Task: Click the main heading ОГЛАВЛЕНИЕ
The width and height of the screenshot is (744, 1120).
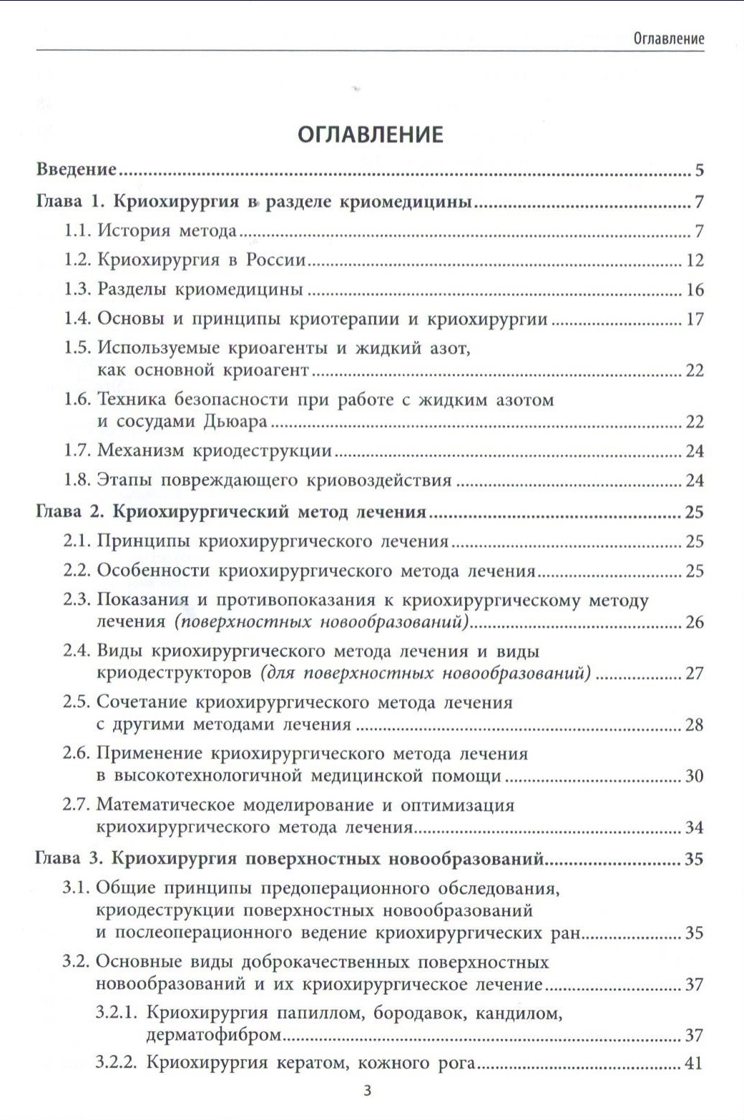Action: click(371, 134)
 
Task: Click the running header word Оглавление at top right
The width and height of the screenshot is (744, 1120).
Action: click(668, 39)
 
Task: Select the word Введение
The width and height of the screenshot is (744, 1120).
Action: click(77, 170)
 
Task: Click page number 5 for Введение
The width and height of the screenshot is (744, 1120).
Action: click(699, 170)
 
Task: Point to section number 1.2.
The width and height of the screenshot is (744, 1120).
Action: click(78, 260)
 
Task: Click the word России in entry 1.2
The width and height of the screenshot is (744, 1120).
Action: click(276, 260)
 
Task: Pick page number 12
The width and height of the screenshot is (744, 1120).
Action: click(695, 260)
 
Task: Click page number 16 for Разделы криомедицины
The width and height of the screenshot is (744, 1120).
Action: click(695, 290)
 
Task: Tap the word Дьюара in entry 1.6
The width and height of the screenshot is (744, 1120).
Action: click(235, 421)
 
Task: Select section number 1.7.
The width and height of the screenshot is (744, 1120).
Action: click(78, 451)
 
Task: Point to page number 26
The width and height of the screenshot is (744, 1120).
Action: click(695, 622)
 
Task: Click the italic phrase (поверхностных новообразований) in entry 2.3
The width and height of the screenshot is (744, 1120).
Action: click(321, 622)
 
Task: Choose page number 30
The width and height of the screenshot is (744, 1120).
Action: click(695, 776)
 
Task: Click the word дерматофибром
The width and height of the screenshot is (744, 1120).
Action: click(212, 1035)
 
